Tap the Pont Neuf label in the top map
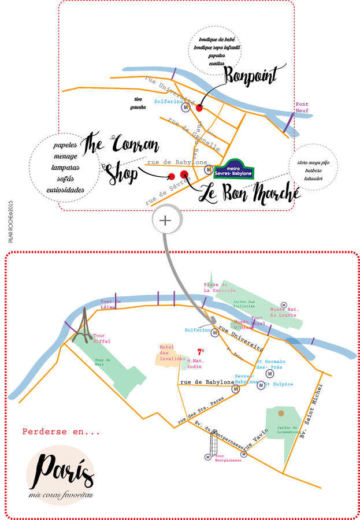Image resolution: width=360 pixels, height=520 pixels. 302,107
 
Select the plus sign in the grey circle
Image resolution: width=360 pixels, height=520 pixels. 166,220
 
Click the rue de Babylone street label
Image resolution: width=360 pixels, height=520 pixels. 177,162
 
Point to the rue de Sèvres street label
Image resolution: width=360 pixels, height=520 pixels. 168,191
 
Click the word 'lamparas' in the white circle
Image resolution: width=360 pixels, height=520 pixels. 66,168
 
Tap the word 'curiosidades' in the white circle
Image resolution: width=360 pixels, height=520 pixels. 65,190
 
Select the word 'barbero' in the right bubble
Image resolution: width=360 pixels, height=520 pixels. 313,171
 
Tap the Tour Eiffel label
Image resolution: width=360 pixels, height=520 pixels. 102,338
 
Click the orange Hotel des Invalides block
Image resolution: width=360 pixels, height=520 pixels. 167,356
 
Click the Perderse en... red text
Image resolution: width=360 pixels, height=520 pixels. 61,432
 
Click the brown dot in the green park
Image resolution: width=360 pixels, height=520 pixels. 281,414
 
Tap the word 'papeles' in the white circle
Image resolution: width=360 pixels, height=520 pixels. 65,146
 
